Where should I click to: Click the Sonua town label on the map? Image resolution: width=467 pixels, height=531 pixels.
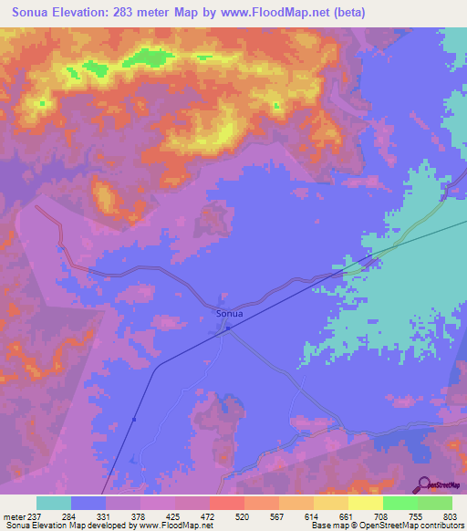click(230, 314)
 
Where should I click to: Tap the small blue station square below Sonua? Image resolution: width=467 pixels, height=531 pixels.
click(223, 330)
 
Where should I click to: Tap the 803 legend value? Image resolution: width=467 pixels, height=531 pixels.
click(450, 517)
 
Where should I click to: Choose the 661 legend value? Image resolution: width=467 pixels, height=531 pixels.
click(347, 517)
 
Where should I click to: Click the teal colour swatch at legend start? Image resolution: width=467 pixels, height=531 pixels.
click(54, 503)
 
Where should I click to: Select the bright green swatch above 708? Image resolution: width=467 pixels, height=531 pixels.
click(400, 503)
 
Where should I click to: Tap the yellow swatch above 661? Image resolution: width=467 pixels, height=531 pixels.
click(365, 503)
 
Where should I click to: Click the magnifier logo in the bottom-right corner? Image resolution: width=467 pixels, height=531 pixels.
click(425, 484)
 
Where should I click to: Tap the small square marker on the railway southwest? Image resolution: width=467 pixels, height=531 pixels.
click(134, 419)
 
